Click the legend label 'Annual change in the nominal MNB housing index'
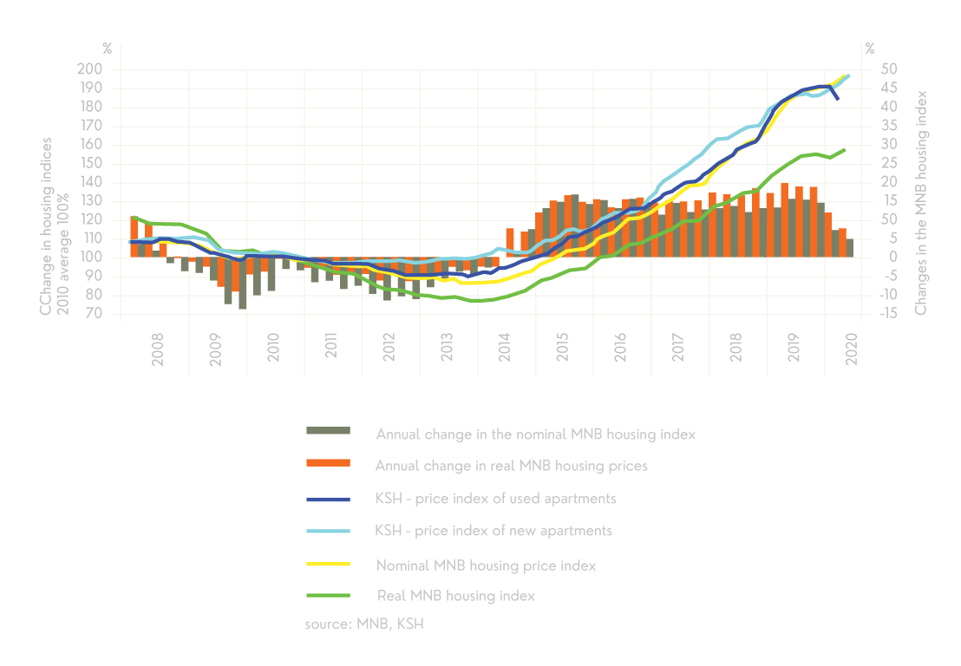coord(535,434)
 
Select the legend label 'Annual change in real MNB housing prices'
coord(511,466)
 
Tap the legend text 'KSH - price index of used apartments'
coord(495,499)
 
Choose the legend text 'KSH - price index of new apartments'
coord(494,531)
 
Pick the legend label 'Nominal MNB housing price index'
coord(486,565)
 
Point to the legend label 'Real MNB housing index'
coord(455,596)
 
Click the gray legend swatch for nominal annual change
coord(328,431)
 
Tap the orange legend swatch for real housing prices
coord(328,463)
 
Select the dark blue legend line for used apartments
coord(328,499)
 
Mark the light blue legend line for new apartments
coord(328,532)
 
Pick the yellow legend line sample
coord(328,565)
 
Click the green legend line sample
coord(328,596)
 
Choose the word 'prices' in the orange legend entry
coord(626,466)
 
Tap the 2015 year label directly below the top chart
coord(563,347)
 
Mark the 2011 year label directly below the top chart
coord(331,347)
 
